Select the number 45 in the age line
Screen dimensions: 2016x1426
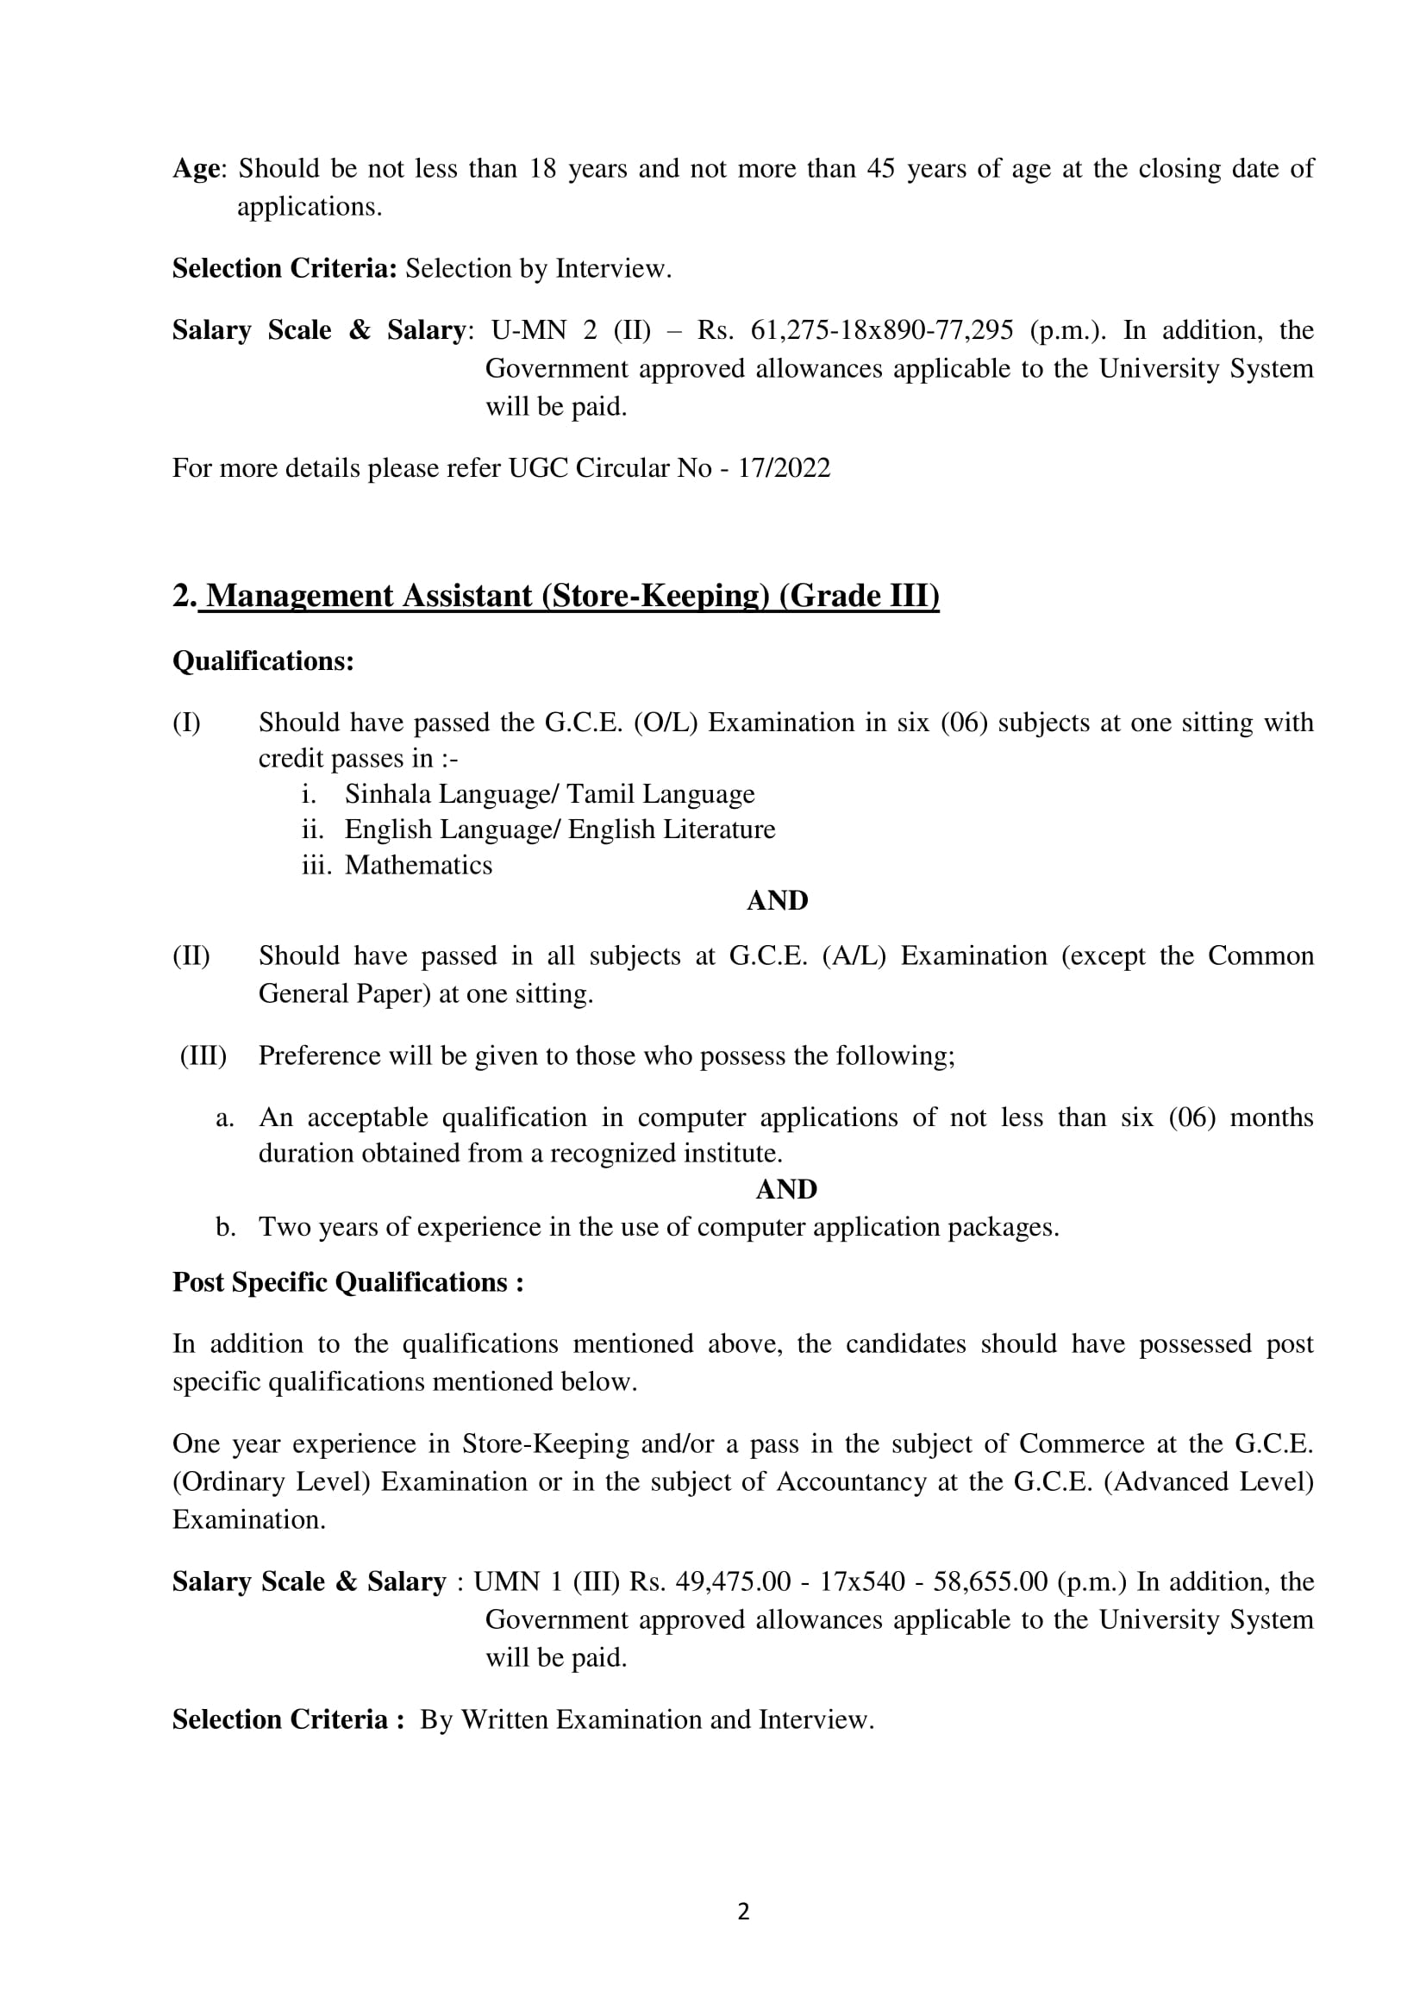[881, 169]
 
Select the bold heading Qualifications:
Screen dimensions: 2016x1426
[263, 661]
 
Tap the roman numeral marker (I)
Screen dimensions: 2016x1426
[186, 723]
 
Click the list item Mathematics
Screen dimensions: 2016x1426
[418, 865]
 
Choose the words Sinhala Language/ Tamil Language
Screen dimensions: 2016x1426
[549, 794]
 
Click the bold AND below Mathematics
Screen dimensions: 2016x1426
[777, 901]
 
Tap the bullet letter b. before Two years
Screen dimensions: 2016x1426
[226, 1227]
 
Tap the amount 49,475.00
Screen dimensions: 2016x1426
[733, 1581]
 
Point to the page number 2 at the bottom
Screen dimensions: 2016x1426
[743, 1912]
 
